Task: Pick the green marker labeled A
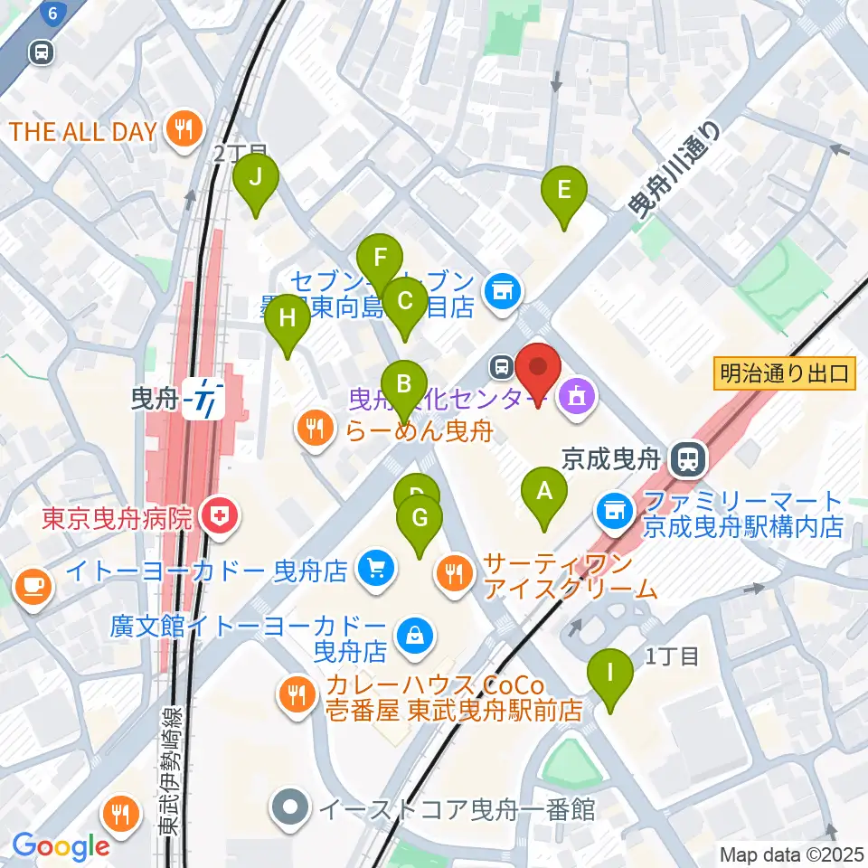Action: click(x=543, y=495)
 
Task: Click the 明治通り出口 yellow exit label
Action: click(x=784, y=373)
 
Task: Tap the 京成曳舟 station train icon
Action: click(x=688, y=460)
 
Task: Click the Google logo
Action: click(x=61, y=845)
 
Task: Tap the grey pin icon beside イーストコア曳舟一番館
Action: click(x=291, y=807)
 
